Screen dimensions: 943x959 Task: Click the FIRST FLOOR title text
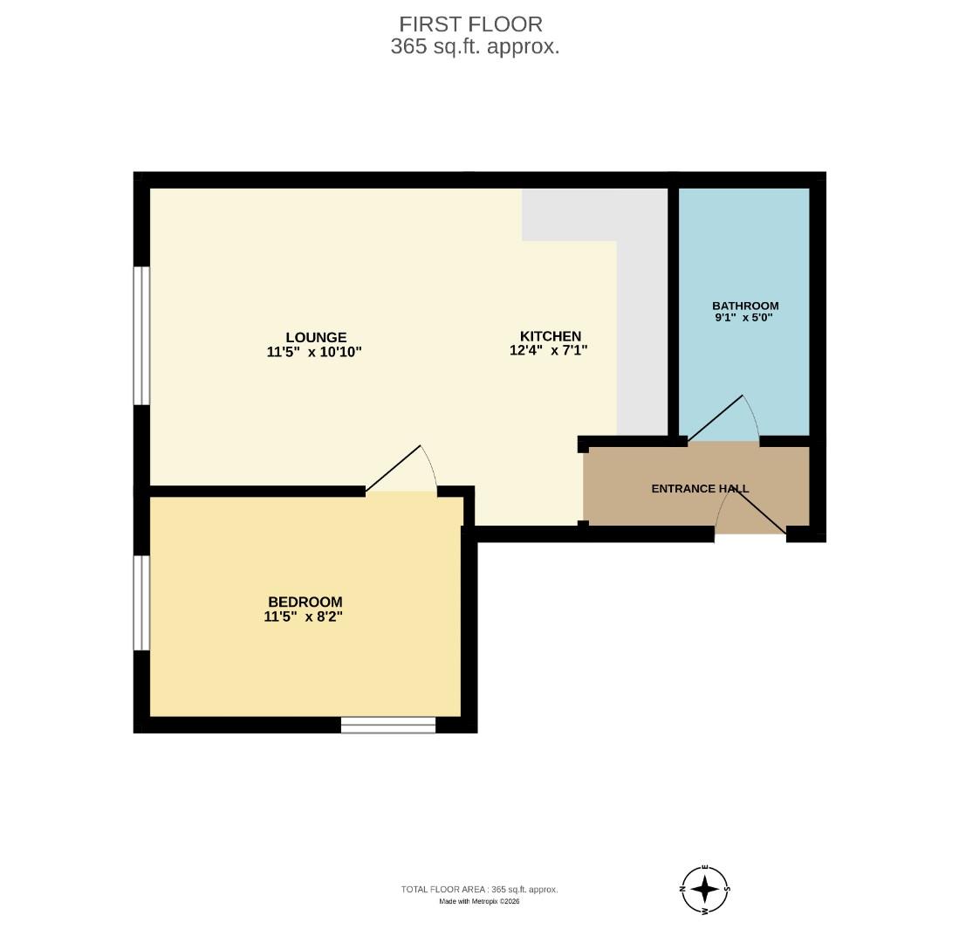point(470,24)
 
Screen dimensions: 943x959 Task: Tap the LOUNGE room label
point(316,337)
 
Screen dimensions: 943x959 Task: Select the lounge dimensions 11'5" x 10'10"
point(314,352)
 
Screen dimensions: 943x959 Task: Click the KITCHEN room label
point(550,336)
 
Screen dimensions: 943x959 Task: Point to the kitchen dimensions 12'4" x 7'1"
point(549,350)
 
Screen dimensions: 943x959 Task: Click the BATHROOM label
point(744,306)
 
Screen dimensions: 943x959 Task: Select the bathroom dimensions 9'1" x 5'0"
point(743,318)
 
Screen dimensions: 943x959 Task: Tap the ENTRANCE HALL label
point(700,489)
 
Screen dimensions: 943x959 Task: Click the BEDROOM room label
point(305,602)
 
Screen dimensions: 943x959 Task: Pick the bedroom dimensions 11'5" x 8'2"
point(303,616)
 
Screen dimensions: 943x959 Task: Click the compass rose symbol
point(704,890)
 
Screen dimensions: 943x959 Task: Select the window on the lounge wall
point(141,336)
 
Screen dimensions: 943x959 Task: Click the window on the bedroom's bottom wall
point(387,725)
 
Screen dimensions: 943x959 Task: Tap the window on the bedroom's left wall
point(141,602)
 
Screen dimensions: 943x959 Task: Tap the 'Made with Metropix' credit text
point(479,902)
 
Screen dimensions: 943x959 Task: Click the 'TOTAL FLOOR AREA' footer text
point(479,890)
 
